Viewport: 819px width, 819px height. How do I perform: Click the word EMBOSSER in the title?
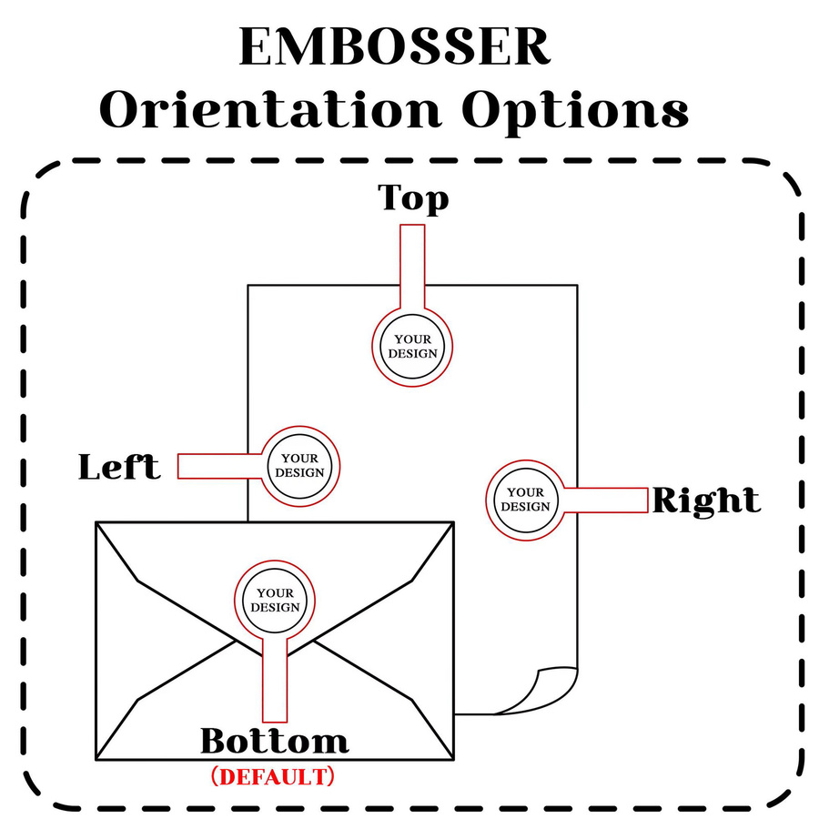[394, 46]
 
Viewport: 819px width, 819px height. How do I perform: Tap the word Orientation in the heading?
[270, 109]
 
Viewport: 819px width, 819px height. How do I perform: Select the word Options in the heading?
[575, 112]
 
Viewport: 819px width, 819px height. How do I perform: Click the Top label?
[413, 199]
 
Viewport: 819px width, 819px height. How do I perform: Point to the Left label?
[119, 467]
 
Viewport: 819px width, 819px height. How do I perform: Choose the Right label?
[706, 501]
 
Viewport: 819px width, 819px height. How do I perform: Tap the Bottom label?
[275, 741]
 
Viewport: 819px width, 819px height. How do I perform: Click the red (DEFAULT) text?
[272, 777]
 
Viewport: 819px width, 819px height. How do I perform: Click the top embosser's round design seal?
[412, 347]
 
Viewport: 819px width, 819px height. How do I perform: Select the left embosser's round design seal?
[299, 466]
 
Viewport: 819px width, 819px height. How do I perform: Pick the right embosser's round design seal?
[526, 500]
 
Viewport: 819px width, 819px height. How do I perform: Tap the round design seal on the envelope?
[275, 601]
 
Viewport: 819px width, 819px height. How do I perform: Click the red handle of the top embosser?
[412, 267]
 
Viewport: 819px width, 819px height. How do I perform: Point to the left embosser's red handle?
[219, 466]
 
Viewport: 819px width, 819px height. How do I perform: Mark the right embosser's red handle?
[606, 500]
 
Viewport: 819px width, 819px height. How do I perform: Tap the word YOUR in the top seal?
[412, 339]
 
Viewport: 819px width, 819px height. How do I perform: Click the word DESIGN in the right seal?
[525, 507]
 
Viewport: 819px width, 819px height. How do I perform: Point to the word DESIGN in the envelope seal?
[275, 608]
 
